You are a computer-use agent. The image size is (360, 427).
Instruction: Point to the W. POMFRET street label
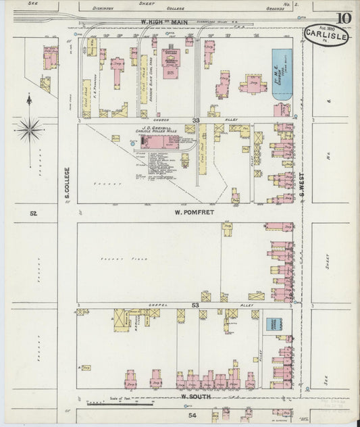pos(182,212)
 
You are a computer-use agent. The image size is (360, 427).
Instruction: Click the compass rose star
pos(29,128)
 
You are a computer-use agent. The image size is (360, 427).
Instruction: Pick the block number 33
pos(195,120)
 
